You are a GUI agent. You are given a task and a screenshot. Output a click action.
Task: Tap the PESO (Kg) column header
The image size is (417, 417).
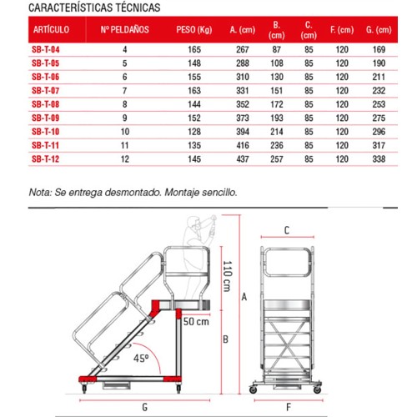tap(194, 29)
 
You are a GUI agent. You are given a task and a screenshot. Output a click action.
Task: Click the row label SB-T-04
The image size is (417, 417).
tap(46, 50)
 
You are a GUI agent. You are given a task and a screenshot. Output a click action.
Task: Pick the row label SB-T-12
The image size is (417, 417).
tap(46, 157)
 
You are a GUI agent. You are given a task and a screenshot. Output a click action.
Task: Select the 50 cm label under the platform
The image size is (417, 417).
tap(196, 320)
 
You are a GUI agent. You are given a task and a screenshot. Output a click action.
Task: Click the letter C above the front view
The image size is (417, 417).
tap(286, 230)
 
